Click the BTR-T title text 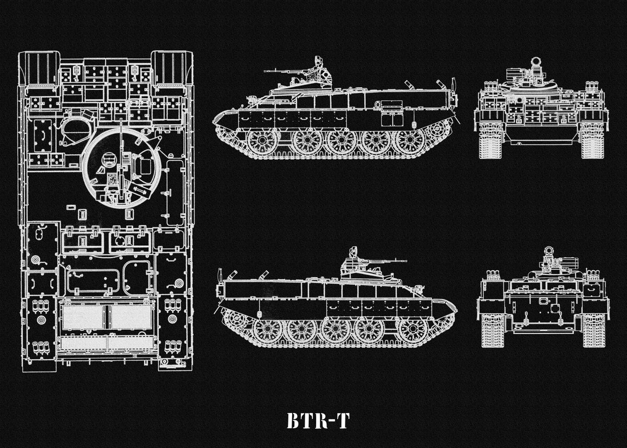click(x=317, y=420)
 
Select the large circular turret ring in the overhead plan click(x=121, y=168)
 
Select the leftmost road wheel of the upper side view click(x=262, y=142)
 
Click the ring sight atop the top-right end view click(x=536, y=62)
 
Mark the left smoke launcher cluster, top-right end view click(x=490, y=87)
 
